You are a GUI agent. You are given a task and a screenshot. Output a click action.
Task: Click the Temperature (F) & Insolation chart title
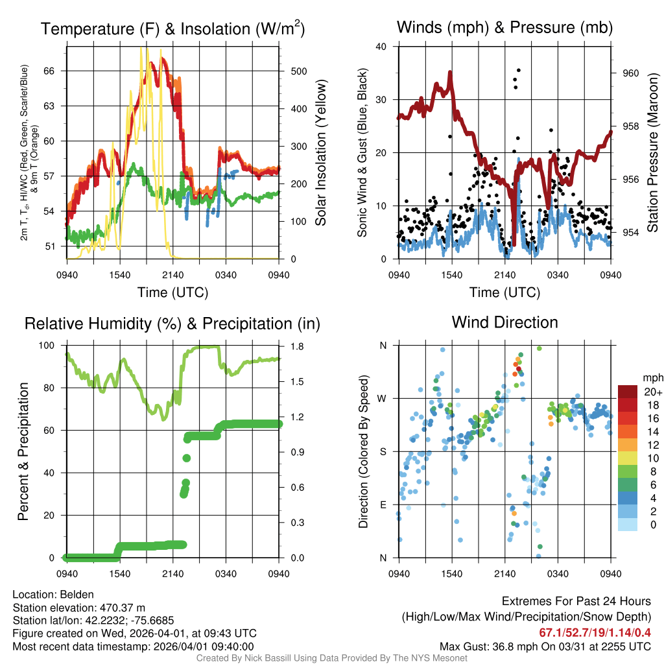click(x=173, y=29)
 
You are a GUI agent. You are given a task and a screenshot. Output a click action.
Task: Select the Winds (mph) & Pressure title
click(x=504, y=27)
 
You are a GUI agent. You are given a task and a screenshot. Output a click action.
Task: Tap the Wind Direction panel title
click(x=504, y=322)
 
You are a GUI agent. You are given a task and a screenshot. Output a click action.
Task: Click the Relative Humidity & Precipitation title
click(x=172, y=324)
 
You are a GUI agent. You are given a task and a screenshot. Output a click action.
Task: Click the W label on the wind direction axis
click(x=383, y=399)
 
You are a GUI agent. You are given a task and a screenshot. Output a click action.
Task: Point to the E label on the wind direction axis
click(x=383, y=504)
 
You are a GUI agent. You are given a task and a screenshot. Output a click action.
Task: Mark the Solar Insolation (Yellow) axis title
click(x=320, y=153)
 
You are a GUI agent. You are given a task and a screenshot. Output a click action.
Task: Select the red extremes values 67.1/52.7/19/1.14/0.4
click(x=595, y=633)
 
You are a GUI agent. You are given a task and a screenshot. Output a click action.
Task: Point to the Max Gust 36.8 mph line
click(x=545, y=646)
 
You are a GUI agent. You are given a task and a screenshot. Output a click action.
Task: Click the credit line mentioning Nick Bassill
click(x=331, y=658)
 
